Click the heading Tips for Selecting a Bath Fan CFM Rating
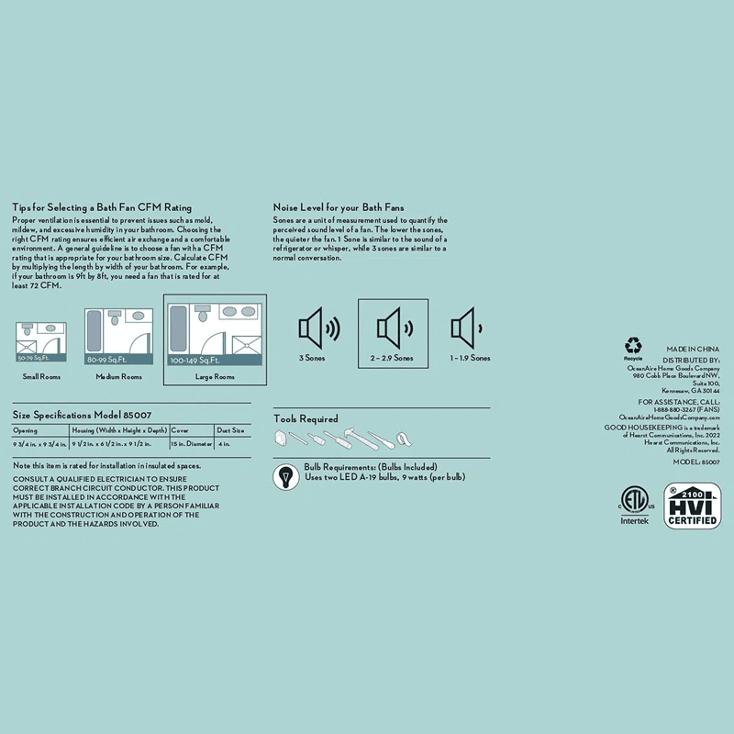point(102,208)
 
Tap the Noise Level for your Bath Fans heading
point(339,208)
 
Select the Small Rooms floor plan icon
point(42,340)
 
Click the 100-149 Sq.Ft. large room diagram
point(215,337)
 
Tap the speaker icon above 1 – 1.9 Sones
point(467,328)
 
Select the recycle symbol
point(633,347)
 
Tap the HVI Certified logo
point(694,506)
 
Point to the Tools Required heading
point(306,419)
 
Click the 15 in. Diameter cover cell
point(189,444)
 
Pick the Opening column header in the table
point(26,428)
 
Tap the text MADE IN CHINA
point(693,350)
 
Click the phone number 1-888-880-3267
point(674,409)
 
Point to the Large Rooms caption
point(215,377)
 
